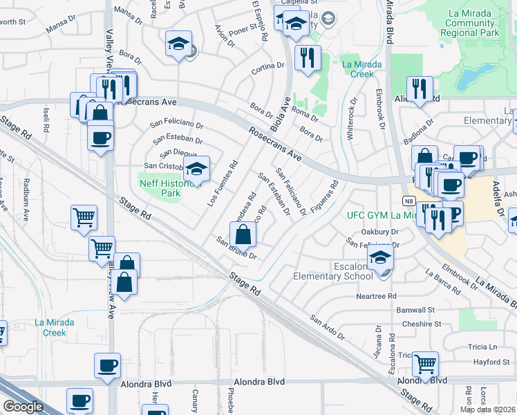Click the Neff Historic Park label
(x=160, y=189)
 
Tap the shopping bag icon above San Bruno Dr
(x=243, y=235)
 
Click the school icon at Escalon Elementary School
(x=380, y=259)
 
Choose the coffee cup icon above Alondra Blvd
(x=107, y=366)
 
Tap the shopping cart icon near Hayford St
(x=425, y=362)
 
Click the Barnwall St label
(x=414, y=310)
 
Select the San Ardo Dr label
(x=326, y=327)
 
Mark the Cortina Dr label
(x=268, y=68)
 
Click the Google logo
(x=22, y=407)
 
